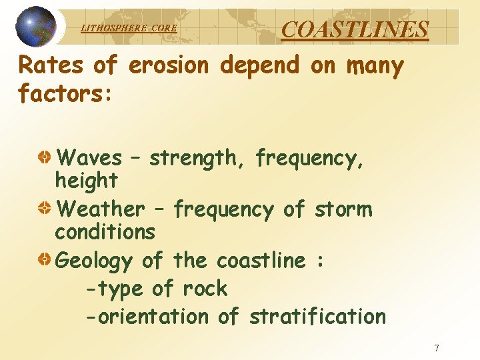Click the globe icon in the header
point(36,27)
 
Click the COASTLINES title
point(355,29)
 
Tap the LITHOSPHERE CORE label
point(129,28)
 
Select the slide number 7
point(437,347)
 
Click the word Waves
point(90,159)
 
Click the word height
point(86,180)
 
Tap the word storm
point(343,210)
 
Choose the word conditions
point(105,232)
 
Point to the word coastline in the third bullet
point(261,261)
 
